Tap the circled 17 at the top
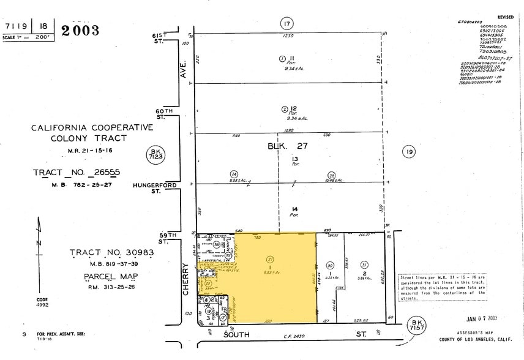(286, 24)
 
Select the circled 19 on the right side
(408, 151)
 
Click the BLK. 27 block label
(287, 146)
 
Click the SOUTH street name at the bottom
(238, 336)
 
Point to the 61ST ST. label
(162, 39)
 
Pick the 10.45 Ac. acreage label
(335, 180)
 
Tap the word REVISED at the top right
(506, 18)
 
